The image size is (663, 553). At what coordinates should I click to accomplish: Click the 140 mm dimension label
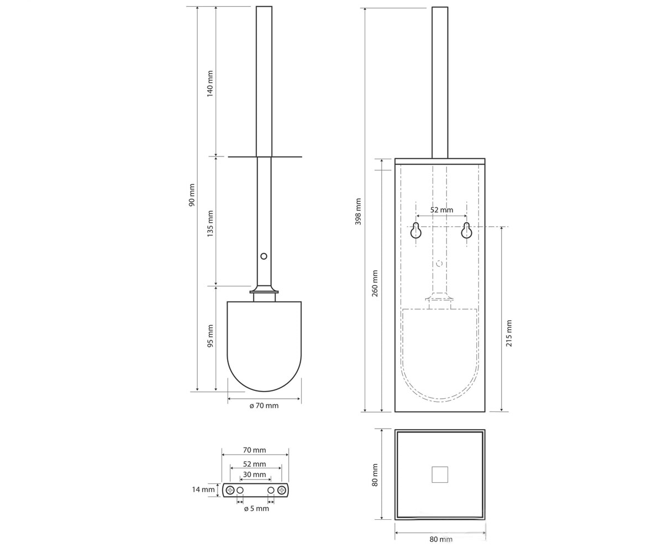pyautogui.click(x=210, y=84)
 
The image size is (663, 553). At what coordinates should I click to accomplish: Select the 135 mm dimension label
pyautogui.click(x=210, y=223)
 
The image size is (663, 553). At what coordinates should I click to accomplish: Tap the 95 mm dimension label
pyautogui.click(x=210, y=336)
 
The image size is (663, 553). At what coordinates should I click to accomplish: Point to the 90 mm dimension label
pyautogui.click(x=192, y=195)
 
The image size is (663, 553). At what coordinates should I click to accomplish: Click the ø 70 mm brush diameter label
pyautogui.click(x=264, y=406)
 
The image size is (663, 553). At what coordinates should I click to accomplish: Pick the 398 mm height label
pyautogui.click(x=358, y=212)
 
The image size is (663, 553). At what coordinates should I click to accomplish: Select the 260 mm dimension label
pyautogui.click(x=375, y=284)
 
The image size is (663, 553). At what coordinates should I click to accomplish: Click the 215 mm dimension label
pyautogui.click(x=509, y=333)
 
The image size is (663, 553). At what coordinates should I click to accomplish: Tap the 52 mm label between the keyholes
pyautogui.click(x=441, y=210)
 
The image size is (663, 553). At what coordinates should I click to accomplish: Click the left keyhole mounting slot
pyautogui.click(x=416, y=231)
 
